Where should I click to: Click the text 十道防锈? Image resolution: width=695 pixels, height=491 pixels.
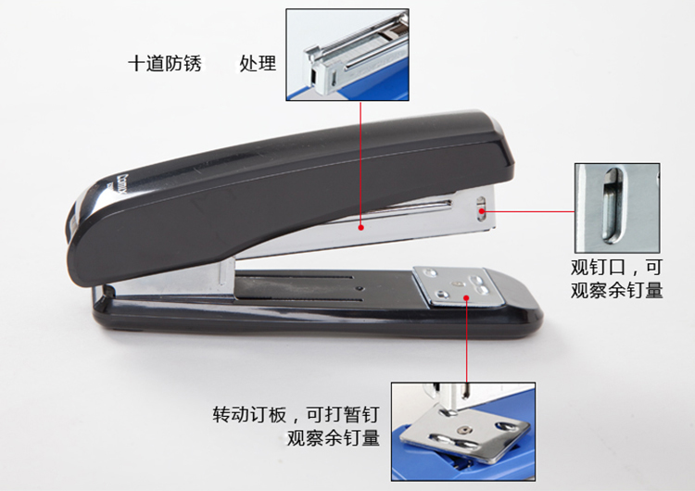165,63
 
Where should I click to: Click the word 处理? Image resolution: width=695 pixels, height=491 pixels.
258,63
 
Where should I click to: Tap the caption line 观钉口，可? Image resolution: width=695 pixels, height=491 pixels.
616,267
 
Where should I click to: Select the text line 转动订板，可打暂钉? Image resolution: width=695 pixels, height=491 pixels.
296,414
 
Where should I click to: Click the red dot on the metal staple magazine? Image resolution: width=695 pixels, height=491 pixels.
361,227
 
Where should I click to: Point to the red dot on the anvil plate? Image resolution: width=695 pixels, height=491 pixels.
467,297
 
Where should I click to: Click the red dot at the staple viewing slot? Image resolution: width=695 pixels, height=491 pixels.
482,211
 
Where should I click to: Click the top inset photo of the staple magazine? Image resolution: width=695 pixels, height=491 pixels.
347,55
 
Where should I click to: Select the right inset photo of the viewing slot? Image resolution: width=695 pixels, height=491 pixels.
617,208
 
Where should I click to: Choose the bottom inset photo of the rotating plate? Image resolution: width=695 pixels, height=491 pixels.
463,432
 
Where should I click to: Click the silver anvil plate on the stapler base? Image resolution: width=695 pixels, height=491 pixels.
459,286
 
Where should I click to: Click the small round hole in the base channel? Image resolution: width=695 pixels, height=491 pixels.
360,289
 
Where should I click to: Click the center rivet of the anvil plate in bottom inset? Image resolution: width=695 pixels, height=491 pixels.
465,430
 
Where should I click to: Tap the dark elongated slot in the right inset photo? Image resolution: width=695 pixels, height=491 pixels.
613,206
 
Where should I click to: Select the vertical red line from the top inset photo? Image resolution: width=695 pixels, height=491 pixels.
360,164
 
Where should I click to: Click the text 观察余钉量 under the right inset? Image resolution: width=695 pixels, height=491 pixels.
616,290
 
